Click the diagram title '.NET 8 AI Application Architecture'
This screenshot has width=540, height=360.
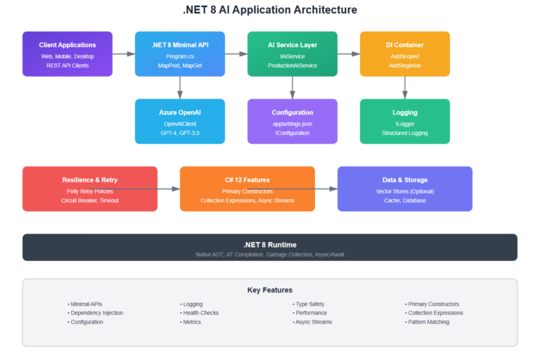coord(270,11)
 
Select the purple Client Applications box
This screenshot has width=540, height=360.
coord(67,53)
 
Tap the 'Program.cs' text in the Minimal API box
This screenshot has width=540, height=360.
coord(179,56)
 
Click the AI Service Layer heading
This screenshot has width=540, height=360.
coord(292,45)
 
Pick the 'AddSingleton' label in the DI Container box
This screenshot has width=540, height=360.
coord(404,65)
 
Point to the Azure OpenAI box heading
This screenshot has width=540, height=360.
coord(179,112)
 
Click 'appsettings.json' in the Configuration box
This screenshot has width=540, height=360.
coord(292,123)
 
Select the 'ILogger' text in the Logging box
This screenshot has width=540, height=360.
coord(404,123)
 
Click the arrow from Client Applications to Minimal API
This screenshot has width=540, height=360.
coord(124,53)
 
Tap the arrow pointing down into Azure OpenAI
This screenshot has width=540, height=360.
coord(180,87)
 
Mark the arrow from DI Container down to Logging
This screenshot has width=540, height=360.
coord(405,87)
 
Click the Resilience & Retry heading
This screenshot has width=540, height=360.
coord(90,180)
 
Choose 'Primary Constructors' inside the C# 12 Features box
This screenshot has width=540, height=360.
coord(247,191)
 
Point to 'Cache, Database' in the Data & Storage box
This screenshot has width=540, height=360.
coord(404,200)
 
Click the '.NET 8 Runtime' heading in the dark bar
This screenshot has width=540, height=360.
coord(270,245)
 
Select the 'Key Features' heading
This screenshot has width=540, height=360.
coord(270,290)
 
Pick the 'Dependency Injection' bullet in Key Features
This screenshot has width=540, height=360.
coord(96,313)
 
